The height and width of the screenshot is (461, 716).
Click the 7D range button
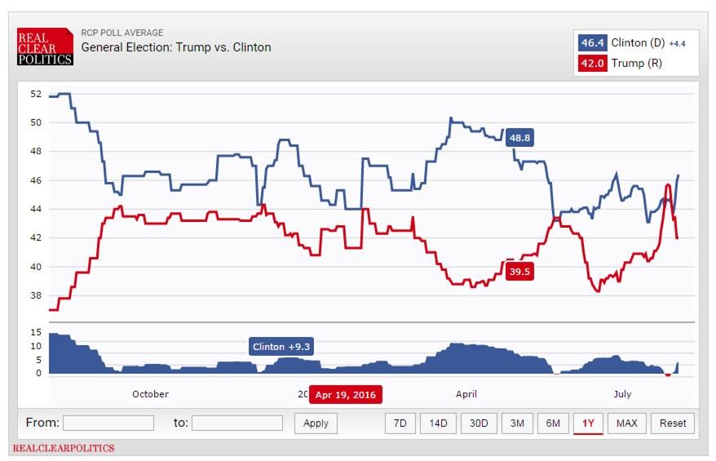(x=400, y=423)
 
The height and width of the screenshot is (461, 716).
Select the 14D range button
(x=438, y=423)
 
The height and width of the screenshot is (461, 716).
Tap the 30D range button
(x=478, y=423)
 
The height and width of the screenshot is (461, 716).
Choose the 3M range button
(x=517, y=423)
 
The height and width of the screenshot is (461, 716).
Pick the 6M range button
(x=553, y=423)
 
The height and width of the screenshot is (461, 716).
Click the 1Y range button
(x=588, y=423)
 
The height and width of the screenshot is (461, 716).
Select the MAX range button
(x=627, y=423)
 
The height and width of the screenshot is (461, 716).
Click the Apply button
(x=316, y=423)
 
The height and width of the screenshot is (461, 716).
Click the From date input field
(x=108, y=423)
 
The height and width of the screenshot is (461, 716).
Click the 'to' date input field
(x=237, y=423)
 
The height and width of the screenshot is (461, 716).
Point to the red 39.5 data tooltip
(x=519, y=272)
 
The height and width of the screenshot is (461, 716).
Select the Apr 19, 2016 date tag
(x=346, y=394)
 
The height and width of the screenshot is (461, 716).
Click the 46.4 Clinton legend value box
(x=591, y=42)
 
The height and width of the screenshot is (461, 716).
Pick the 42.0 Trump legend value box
(x=591, y=64)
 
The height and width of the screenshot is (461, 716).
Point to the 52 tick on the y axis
(x=36, y=94)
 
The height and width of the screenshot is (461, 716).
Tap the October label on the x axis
(x=150, y=394)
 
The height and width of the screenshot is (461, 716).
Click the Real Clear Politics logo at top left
(x=46, y=47)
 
